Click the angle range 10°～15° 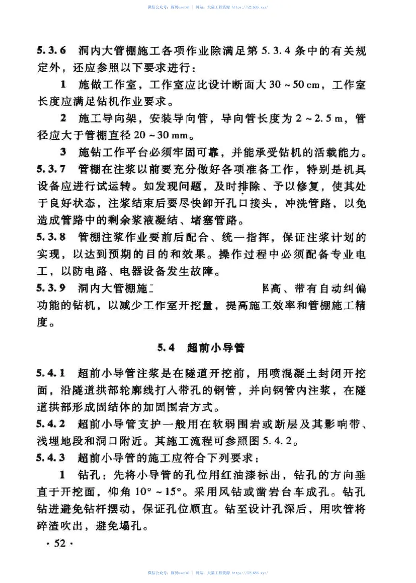[160, 492]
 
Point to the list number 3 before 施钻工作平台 [63, 153]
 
